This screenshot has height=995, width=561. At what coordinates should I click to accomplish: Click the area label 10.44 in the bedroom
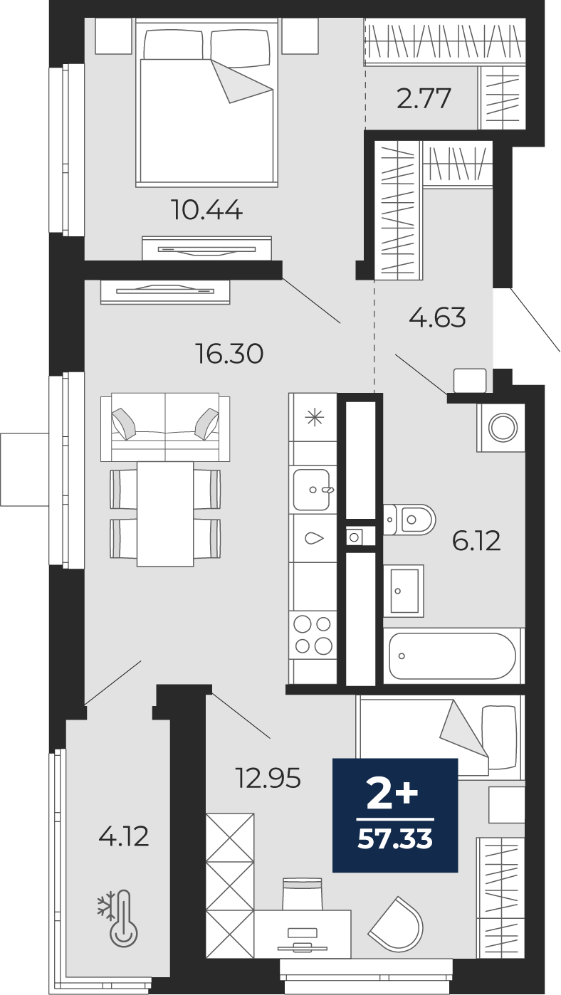206,210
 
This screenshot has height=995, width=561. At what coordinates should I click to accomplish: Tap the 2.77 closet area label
424,98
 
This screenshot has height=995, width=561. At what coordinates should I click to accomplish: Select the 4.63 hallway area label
437,317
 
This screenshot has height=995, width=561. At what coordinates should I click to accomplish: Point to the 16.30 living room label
229,353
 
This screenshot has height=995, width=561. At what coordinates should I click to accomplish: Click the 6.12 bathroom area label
476,542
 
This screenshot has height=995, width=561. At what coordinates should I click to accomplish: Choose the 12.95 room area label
268,778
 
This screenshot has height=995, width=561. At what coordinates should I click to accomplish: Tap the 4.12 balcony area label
124,836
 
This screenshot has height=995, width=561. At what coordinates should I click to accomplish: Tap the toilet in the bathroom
411,520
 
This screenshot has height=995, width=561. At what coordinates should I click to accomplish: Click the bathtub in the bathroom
453,656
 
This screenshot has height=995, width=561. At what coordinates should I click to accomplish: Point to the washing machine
502,428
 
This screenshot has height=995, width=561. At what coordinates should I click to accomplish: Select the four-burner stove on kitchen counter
313,635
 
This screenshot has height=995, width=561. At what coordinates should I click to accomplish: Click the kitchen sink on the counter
312,489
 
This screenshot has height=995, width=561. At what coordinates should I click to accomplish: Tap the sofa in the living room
165,427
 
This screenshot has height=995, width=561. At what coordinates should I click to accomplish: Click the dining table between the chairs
165,513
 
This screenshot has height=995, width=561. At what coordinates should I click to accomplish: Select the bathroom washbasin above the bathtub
403,591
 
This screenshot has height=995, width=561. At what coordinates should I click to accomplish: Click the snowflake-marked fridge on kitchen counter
313,417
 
